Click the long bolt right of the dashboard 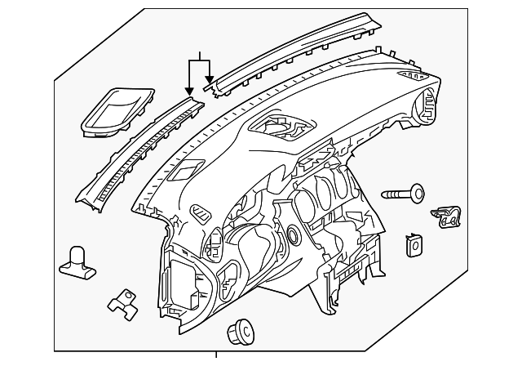402,195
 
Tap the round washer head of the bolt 418,192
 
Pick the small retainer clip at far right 447,216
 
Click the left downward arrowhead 190,90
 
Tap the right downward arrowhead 210,81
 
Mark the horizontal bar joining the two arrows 200,61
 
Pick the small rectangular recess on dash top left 185,172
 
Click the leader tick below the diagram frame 216,356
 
